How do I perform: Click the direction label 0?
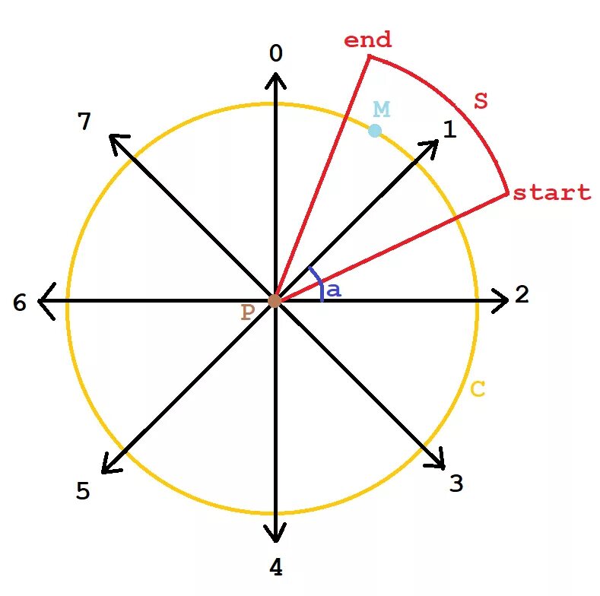[276, 53]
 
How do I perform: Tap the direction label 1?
[449, 130]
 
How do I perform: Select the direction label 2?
[522, 295]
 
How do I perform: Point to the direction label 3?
[456, 483]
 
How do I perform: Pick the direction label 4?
[276, 567]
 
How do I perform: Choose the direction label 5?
[83, 492]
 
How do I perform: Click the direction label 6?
[20, 303]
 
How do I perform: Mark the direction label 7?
[84, 121]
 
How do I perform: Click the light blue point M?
[375, 131]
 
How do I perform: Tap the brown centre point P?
[275, 301]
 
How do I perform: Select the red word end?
[367, 40]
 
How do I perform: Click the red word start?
[551, 193]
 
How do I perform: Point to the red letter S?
[480, 101]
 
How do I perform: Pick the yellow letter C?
[478, 389]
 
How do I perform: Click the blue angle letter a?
[333, 290]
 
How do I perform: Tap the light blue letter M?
[381, 109]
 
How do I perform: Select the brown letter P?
[247, 312]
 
